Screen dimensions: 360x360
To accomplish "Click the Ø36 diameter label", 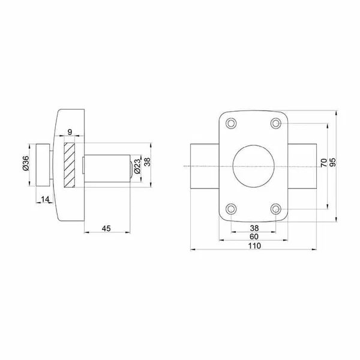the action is [26, 163].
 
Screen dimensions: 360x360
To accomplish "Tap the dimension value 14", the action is [45, 199].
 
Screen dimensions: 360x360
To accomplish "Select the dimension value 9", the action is [70, 132].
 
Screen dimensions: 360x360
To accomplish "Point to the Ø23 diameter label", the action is [137, 166].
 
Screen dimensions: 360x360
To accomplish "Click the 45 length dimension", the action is [106, 229].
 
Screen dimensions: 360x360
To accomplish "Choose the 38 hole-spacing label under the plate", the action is [254, 228].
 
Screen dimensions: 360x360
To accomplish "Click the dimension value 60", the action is [254, 236].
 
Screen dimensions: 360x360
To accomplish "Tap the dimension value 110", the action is [254, 245].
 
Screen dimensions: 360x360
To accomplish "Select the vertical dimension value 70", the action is [323, 163].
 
